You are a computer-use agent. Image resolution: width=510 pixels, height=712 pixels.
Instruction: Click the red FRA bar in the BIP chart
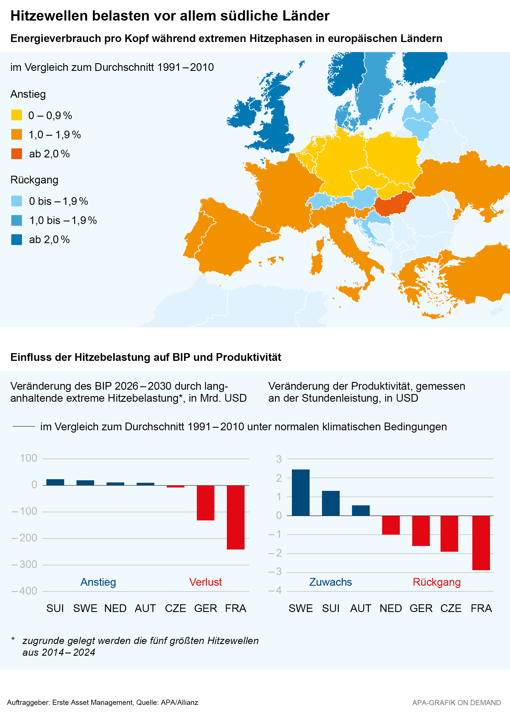coord(235,517)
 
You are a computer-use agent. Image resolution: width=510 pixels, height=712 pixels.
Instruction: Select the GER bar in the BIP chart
coord(205,503)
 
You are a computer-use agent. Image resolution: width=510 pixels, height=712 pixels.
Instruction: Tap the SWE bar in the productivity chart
coord(301,493)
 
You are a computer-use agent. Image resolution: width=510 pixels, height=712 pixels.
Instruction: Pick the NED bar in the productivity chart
coord(391,525)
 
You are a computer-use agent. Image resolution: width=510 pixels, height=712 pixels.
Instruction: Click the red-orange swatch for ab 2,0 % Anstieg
coord(17,154)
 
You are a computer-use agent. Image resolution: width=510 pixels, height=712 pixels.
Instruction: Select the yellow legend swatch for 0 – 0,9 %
coord(17,115)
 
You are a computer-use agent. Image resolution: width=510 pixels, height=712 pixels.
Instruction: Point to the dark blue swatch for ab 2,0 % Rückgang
coord(17,239)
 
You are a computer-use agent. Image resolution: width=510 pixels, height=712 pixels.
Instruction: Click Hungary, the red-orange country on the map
coord(394,204)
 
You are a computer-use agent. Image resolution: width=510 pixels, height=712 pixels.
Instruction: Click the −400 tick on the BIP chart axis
coord(24,591)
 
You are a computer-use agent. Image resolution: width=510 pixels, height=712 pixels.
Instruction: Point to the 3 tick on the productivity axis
coord(279,459)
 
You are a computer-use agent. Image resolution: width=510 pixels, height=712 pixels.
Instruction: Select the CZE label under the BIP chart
coord(175,608)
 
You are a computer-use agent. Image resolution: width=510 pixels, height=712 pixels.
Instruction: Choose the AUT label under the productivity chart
coord(361,608)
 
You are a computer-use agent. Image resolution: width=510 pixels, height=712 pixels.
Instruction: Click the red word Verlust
coord(205,582)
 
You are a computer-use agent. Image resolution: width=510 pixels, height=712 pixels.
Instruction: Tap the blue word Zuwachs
coord(330,582)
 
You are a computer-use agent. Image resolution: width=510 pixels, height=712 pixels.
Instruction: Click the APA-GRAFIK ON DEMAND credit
coord(456,703)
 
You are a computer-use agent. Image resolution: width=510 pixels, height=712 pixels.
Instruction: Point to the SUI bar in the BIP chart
coord(55,482)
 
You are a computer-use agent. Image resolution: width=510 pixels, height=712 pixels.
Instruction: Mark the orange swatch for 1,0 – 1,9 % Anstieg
coord(17,134)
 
